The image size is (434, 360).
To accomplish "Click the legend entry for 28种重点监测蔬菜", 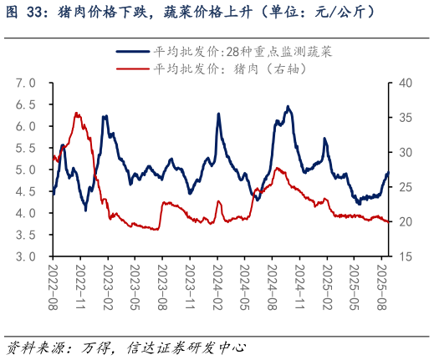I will click(243, 52).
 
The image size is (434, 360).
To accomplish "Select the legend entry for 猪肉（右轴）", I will click(231, 69).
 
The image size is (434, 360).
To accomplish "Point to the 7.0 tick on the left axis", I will click(25, 83).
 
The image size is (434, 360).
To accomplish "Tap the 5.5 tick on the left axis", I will click(25, 148).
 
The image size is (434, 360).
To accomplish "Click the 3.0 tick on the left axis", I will click(25, 256).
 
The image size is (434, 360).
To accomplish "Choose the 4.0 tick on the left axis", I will click(25, 213).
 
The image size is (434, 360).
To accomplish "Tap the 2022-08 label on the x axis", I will click(53, 286).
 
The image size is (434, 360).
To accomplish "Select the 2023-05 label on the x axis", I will click(134, 286).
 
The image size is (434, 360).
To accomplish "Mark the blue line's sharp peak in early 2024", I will click(219, 114).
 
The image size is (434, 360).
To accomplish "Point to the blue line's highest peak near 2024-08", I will click(288, 106).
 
